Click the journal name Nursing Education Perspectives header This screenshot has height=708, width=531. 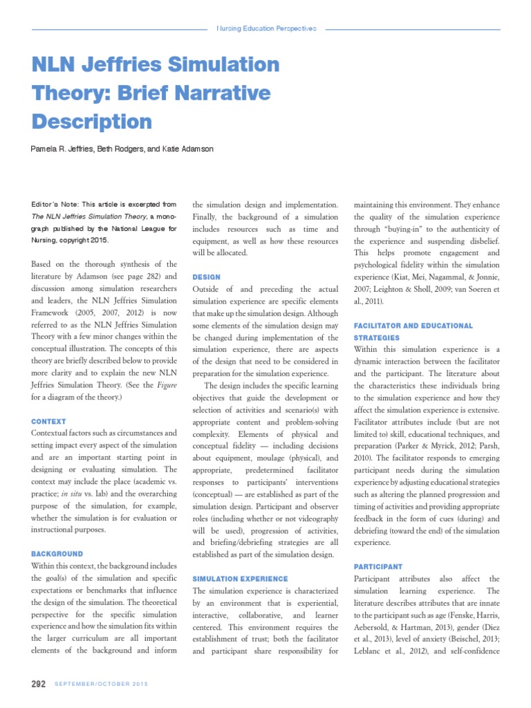point(266,29)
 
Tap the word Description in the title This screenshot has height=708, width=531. point(92,122)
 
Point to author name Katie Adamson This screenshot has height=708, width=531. point(189,150)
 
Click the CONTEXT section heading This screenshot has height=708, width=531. point(48,421)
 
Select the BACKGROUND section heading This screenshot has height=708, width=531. point(57,554)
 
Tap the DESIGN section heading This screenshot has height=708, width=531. point(206,277)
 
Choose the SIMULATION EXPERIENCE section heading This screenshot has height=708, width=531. point(240,578)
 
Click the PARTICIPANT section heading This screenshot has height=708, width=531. point(378,566)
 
